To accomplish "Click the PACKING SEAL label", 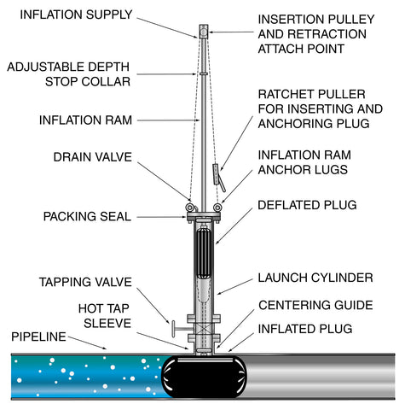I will pos(87,216).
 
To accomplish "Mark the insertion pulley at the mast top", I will pos(205,32).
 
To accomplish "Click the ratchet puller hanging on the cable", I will pos(217,174).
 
